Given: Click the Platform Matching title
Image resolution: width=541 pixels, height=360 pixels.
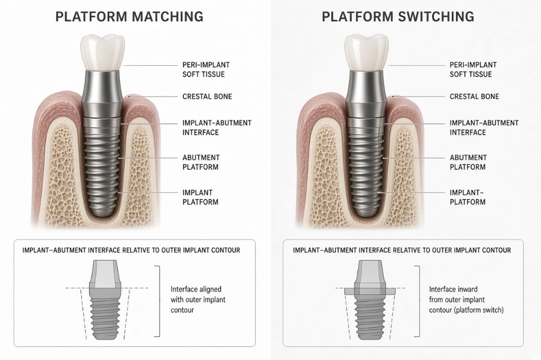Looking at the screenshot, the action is point(129,17).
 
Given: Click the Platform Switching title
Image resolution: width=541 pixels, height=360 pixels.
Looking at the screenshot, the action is point(398,17).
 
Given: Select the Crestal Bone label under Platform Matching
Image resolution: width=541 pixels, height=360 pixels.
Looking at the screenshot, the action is point(207,97).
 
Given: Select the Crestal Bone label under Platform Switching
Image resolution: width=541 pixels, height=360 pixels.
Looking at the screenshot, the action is point(474,97).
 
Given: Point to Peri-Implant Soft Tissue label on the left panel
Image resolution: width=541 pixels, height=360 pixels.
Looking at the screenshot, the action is point(206,69).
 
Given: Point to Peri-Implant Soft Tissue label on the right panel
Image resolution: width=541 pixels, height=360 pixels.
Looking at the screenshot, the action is point(473,69).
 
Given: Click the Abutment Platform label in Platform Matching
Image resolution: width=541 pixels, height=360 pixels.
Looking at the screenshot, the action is point(201,162).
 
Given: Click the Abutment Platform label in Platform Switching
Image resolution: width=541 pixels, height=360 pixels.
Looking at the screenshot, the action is point(468,162).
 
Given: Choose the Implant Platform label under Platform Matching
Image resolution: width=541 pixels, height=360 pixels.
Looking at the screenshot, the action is point(200,197).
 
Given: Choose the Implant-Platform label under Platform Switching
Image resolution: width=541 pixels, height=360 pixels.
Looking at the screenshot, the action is point(467,197).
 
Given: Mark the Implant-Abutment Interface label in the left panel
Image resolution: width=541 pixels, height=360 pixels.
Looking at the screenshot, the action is point(217,128).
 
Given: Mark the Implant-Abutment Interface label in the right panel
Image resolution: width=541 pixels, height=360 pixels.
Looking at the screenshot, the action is point(484,128).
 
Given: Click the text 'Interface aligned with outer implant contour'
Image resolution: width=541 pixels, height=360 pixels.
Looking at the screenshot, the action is point(198,299).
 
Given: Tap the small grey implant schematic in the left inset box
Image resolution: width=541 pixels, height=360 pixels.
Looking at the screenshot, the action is point(105,300).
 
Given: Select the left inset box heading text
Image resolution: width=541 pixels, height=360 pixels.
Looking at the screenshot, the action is point(131,250).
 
